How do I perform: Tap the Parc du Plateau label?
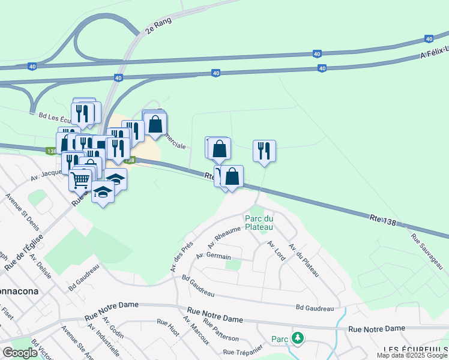(x=259, y=223)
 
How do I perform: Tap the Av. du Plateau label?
(x=303, y=259)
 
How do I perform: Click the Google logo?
(x=20, y=353)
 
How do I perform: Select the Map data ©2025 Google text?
(x=412, y=355)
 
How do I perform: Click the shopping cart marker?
(x=80, y=179)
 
